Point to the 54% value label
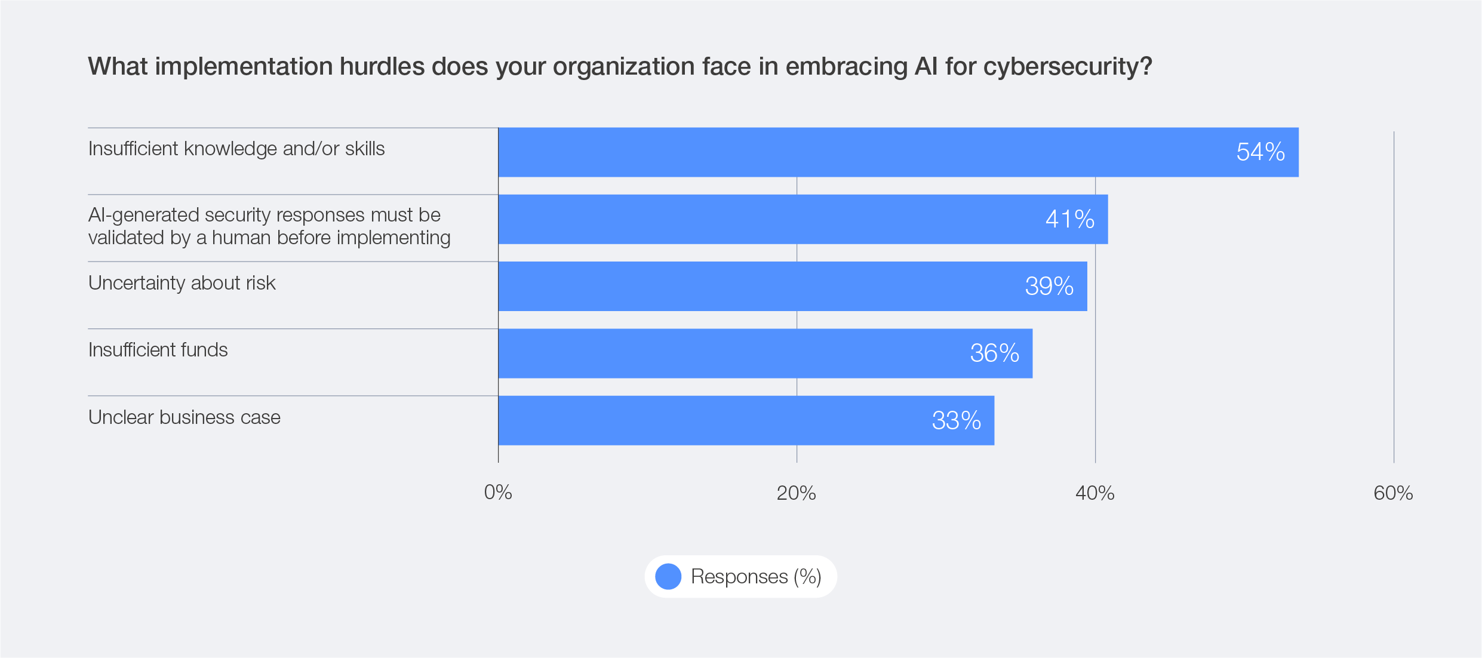tap(1260, 152)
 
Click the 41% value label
tap(1069, 219)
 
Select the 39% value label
tap(1049, 287)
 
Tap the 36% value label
tap(994, 353)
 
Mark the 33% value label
tap(956, 421)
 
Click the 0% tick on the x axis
tap(498, 493)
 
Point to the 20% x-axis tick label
tap(796, 493)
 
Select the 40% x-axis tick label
tap(1094, 493)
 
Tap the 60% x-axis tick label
tap(1392, 493)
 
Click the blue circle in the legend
tap(668, 577)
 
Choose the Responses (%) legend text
tap(756, 577)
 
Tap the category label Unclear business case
tap(184, 417)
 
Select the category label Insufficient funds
tap(158, 350)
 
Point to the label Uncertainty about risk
tap(182, 283)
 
